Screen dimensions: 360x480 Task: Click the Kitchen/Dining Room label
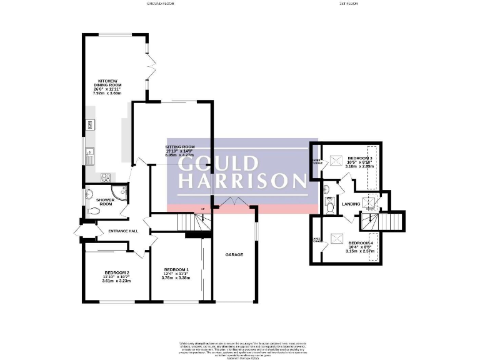pyautogui.click(x=107, y=84)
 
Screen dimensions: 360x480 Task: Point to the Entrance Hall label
pyautogui.click(x=122, y=231)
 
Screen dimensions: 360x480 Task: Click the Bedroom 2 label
pyautogui.click(x=116, y=272)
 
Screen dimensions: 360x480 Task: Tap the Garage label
pyautogui.click(x=234, y=255)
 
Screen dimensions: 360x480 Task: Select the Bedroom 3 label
pyautogui.click(x=359, y=159)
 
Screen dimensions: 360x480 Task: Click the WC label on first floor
pyautogui.click(x=329, y=199)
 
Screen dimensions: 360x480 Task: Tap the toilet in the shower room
pyautogui.click(x=94, y=211)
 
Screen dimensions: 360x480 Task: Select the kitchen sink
pyautogui.click(x=91, y=150)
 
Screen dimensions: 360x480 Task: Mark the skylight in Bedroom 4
pyautogui.click(x=336, y=237)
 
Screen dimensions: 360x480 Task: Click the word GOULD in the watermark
pyautogui.click(x=218, y=163)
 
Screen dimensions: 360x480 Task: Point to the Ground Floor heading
pyautogui.click(x=160, y=4)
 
